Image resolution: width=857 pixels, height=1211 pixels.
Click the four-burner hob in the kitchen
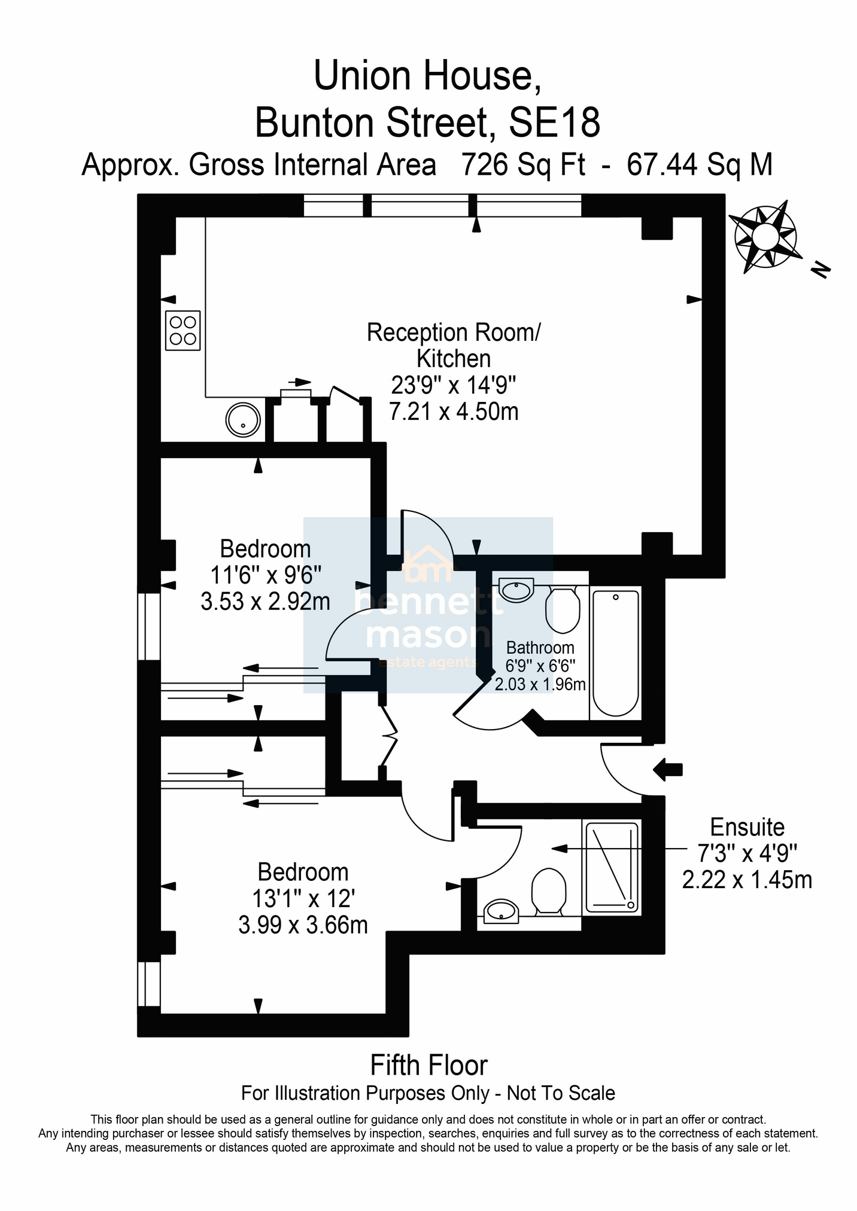(183, 331)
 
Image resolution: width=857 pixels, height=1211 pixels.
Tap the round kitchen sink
(243, 419)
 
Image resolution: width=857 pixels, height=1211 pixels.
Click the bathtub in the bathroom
(615, 652)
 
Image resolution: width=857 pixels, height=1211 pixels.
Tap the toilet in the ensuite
(549, 892)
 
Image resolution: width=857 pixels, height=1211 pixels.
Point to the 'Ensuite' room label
(747, 827)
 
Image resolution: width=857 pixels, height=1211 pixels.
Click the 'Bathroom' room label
(540, 648)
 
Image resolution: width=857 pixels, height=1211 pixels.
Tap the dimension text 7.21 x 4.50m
(454, 411)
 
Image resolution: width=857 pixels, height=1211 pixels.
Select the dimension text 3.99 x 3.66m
(303, 925)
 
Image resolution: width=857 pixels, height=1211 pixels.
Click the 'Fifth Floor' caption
(429, 1065)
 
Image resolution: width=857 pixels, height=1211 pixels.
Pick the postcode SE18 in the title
(554, 123)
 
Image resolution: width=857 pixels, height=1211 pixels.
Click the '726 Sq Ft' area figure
(522, 165)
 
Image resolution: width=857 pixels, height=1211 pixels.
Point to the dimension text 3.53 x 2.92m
(265, 601)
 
